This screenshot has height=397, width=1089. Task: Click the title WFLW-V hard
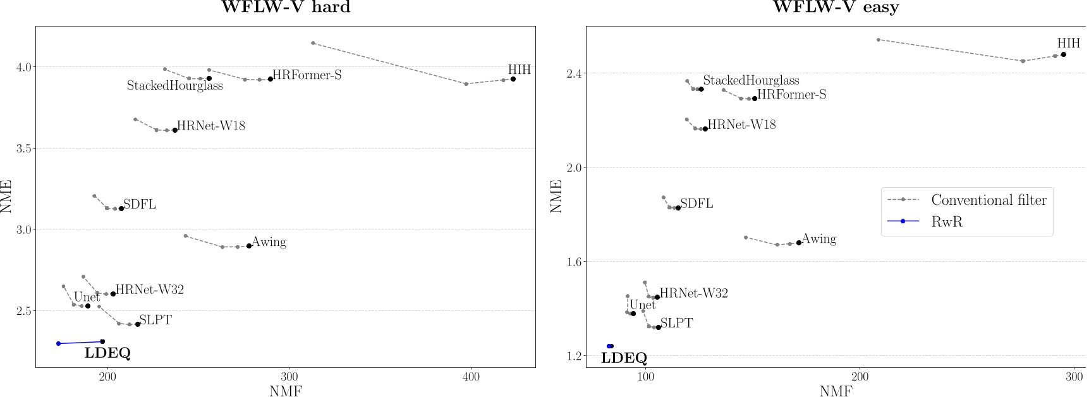coord(285,8)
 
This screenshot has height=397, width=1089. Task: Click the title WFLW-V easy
coord(836,8)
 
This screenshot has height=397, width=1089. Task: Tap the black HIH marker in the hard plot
coord(513,79)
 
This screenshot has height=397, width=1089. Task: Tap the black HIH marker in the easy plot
coord(1064,54)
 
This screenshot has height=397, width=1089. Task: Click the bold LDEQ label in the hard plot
coord(107,353)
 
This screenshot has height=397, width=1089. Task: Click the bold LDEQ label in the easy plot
coord(624,358)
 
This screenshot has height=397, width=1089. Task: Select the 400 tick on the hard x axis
coord(471,377)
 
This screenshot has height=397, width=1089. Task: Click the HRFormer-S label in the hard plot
coord(307,75)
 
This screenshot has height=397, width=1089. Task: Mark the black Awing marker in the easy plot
coord(799,243)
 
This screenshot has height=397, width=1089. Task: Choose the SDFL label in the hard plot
coord(140,205)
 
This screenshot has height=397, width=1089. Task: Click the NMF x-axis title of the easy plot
coord(836,391)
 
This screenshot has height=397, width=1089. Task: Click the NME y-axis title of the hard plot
coord(7,197)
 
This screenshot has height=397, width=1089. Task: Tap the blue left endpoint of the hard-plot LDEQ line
coord(59,343)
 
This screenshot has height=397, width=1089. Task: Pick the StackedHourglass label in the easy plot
coord(751,81)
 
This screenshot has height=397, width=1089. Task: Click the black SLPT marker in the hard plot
coord(138,324)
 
